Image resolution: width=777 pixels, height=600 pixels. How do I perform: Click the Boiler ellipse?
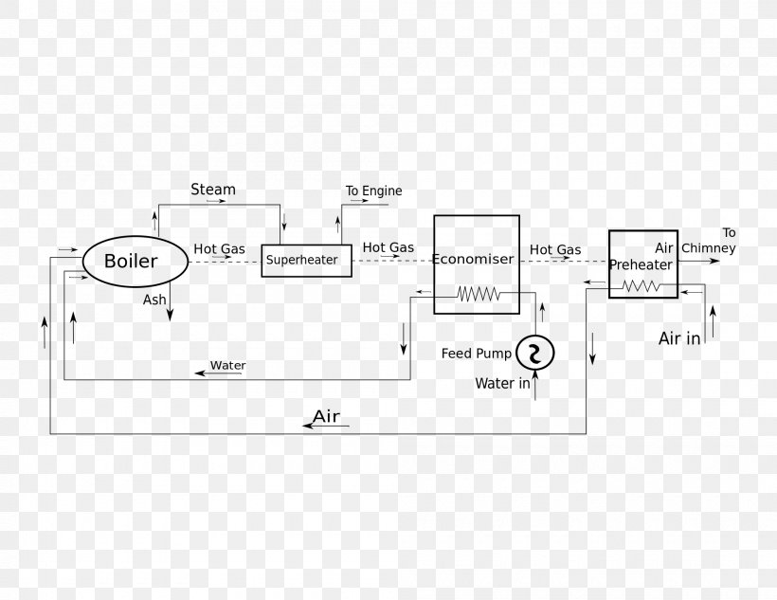pyautogui.click(x=134, y=261)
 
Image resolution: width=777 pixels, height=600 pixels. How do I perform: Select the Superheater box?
pyautogui.click(x=306, y=260)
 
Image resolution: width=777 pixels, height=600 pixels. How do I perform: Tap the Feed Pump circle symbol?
pyautogui.click(x=535, y=353)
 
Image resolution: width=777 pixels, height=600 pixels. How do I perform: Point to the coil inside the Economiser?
pyautogui.click(x=478, y=295)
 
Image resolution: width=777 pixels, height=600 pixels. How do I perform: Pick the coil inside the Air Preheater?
pyautogui.click(x=641, y=284)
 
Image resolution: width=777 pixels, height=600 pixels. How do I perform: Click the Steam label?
pyautogui.click(x=213, y=190)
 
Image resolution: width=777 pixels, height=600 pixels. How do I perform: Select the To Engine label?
pyautogui.click(x=373, y=191)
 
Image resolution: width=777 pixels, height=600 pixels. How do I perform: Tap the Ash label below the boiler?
pyautogui.click(x=154, y=300)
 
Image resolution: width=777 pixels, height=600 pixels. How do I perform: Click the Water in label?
pyautogui.click(x=502, y=384)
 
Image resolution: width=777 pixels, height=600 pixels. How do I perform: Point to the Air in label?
pyautogui.click(x=679, y=338)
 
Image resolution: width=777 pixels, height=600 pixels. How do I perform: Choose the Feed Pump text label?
pyautogui.click(x=476, y=354)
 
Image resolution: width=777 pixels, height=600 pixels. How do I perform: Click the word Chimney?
pyautogui.click(x=708, y=248)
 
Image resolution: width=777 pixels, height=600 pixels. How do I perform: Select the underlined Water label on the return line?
pyautogui.click(x=227, y=366)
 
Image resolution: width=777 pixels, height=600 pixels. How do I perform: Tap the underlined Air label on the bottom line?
pyautogui.click(x=326, y=417)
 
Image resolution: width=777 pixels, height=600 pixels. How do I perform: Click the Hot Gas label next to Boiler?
pyautogui.click(x=219, y=249)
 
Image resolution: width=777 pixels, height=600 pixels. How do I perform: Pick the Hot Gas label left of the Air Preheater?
pyautogui.click(x=555, y=250)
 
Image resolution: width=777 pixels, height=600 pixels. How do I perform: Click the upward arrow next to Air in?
pyautogui.click(x=713, y=322)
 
